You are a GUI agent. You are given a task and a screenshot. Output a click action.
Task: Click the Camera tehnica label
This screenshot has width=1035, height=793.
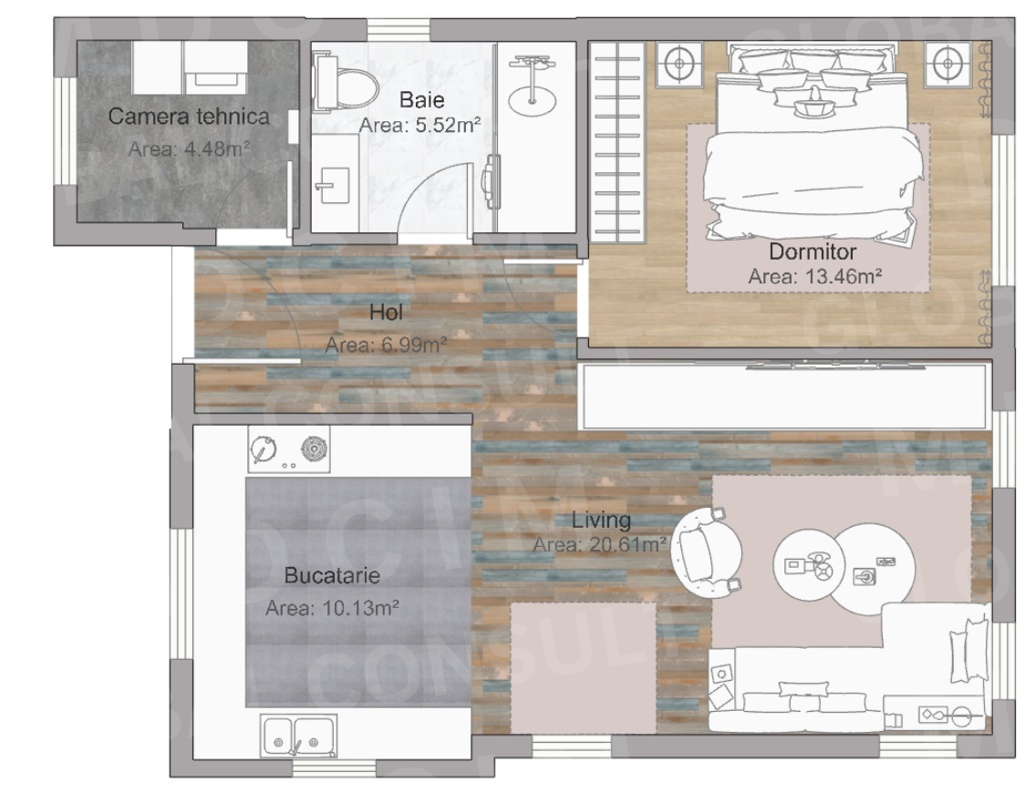click(x=189, y=117)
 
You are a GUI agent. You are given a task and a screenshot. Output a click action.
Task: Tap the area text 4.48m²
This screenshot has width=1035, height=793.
click(x=189, y=149)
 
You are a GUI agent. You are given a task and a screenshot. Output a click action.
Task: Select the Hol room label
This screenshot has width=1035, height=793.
click(x=386, y=313)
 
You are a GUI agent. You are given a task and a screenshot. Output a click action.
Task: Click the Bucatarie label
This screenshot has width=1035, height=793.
click(x=332, y=576)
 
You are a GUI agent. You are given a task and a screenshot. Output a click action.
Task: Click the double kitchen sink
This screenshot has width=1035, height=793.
click(x=298, y=734)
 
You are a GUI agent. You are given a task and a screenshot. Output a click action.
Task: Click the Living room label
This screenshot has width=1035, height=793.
click(x=601, y=520)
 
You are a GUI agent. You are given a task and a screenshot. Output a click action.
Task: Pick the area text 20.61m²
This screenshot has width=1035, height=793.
click(x=600, y=545)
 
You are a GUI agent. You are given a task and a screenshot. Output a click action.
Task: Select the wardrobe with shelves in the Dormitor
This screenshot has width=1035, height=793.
click(x=617, y=141)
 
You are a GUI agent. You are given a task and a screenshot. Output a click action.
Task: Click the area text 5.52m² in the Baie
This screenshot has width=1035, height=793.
click(x=419, y=126)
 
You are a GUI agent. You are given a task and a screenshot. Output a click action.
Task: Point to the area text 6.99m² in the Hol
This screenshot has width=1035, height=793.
click(x=386, y=345)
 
